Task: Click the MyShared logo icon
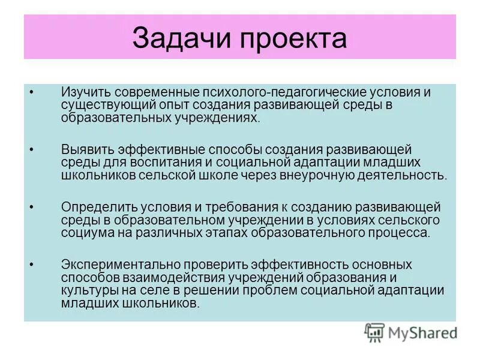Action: click(375, 332)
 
